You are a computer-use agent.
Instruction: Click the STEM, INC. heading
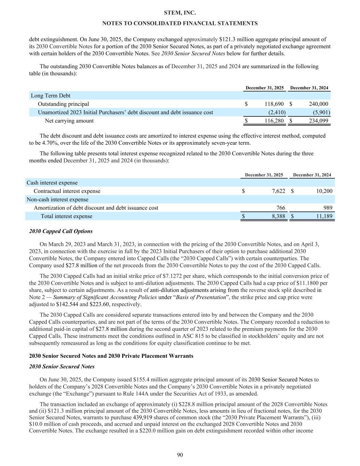coord(180,13)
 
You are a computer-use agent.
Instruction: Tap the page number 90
coord(180,454)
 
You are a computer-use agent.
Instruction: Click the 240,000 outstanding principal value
coord(318,104)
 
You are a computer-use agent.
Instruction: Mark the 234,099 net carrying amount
coord(318,121)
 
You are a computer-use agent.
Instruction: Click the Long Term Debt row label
coord(51,96)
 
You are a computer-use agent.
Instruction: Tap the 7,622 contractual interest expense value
coord(278,191)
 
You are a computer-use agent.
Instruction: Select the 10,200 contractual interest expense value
coord(322,191)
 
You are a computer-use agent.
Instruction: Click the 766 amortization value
coord(280,208)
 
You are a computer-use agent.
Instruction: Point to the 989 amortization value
coord(327,208)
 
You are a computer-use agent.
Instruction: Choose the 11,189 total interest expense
coord(322,216)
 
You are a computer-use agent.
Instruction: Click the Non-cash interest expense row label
coord(57,200)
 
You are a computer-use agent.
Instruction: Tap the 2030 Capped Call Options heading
coord(61,231)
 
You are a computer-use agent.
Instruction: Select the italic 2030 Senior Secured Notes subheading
coord(62,367)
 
